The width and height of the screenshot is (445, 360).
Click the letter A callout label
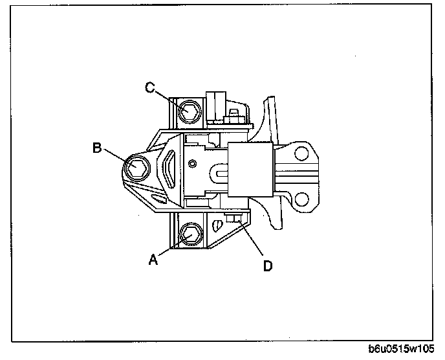tap(153, 260)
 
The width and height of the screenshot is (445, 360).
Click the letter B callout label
tap(96, 148)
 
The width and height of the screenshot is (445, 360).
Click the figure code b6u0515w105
tap(402, 350)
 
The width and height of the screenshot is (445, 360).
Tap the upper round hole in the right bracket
tap(301, 153)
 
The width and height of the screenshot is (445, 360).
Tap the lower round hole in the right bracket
tap(301, 196)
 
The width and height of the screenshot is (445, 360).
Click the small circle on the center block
tap(191, 164)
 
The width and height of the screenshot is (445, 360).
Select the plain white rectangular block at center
tap(250, 170)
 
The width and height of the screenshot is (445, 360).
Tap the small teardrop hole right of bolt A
tap(217, 227)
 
